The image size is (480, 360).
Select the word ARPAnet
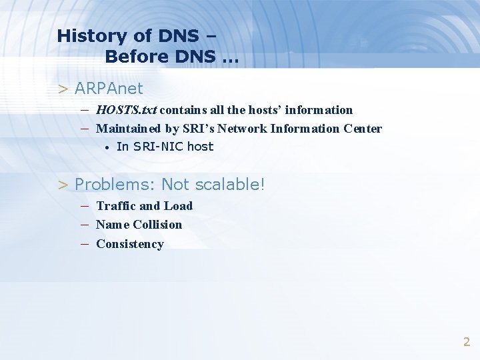[109, 88]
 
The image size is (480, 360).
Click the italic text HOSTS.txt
[126, 109]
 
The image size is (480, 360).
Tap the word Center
[363, 129]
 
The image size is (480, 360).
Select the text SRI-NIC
[157, 147]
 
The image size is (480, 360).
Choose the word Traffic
[116, 206]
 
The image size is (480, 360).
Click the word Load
[178, 206]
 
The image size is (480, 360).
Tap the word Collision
[157, 225]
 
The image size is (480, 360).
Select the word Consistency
[130, 244]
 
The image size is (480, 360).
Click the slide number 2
[467, 342]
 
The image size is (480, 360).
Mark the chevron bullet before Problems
[63, 184]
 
